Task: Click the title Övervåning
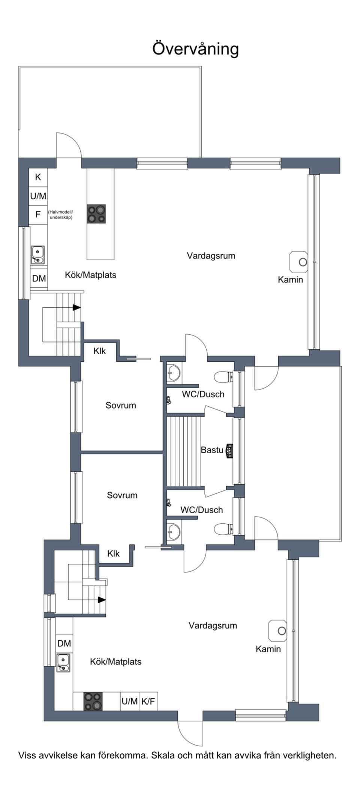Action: click(x=195, y=49)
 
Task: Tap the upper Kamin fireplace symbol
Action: click(x=299, y=261)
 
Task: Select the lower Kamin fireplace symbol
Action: click(x=278, y=630)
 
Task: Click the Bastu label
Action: click(x=212, y=450)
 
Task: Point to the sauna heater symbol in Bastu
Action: click(x=229, y=451)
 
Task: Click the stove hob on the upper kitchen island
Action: click(x=96, y=214)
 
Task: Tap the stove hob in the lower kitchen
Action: click(x=93, y=701)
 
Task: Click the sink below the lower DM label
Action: click(x=63, y=662)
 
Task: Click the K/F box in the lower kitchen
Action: click(x=148, y=701)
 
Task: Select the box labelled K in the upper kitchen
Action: click(x=38, y=177)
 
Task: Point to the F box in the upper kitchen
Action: click(x=38, y=215)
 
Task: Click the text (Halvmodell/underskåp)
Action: click(x=61, y=215)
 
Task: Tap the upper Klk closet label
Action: click(x=99, y=351)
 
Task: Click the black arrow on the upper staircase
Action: click(x=76, y=307)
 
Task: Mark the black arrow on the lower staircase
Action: click(x=101, y=600)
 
